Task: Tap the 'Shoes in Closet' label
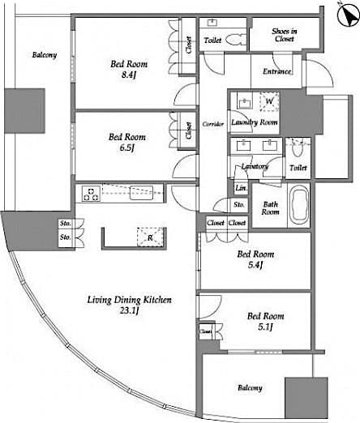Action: click(x=284, y=34)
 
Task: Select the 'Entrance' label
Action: click(x=277, y=71)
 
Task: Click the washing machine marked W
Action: click(x=268, y=102)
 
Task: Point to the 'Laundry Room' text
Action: click(x=254, y=122)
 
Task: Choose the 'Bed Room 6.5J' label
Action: click(x=126, y=143)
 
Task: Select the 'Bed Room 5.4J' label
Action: click(x=255, y=259)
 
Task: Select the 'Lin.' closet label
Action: click(x=241, y=188)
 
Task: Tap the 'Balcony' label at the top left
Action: click(x=44, y=55)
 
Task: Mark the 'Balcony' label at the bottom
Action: click(x=250, y=388)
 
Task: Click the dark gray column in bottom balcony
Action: click(x=306, y=397)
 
